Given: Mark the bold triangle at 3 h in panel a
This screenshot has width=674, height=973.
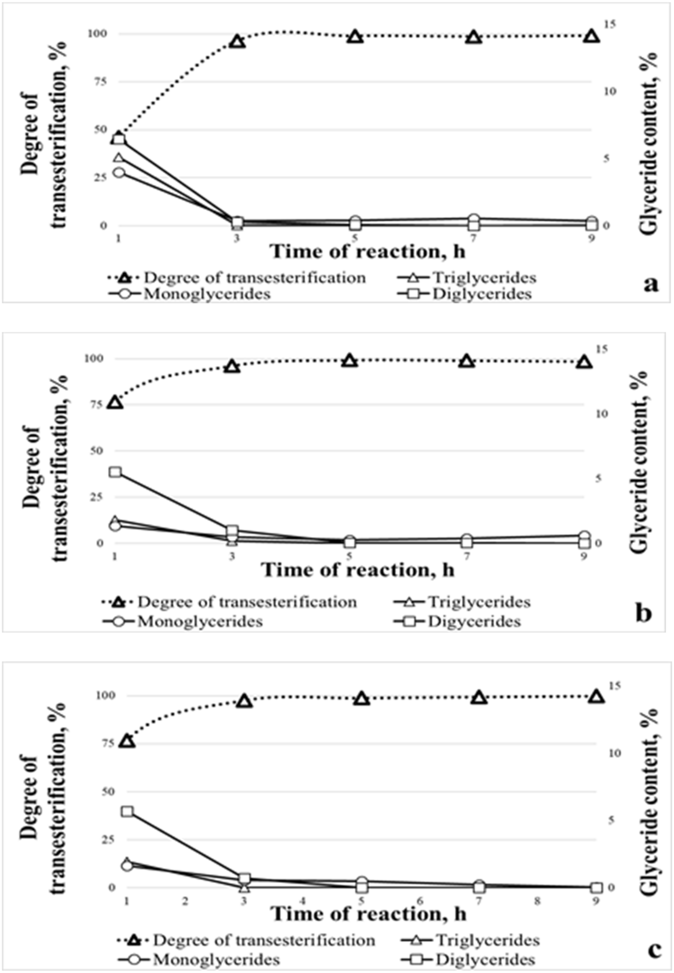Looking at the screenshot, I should pos(237,41).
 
